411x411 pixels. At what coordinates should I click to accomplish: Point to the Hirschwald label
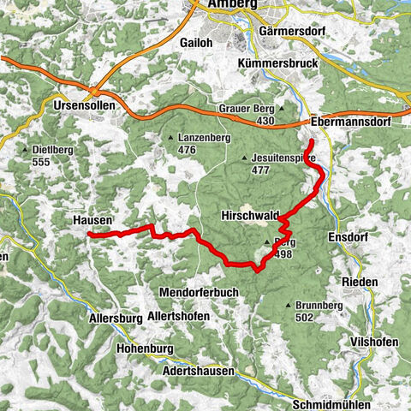coord(247,214)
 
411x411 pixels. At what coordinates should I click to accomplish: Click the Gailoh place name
coord(196,42)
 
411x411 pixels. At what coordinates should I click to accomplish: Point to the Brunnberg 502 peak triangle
coord(288,306)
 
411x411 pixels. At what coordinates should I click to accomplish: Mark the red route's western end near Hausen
coord(89,234)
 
